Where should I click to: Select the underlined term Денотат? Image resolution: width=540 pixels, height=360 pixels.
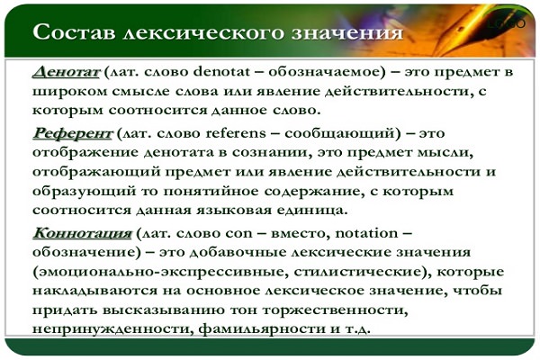(66, 72)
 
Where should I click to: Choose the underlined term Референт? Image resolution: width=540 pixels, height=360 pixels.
(72, 133)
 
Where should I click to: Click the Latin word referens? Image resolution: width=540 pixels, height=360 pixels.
(236, 133)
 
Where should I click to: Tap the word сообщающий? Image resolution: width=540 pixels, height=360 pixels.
(339, 133)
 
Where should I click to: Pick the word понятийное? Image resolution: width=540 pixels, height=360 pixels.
(209, 191)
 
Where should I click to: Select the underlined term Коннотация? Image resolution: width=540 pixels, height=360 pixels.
(82, 233)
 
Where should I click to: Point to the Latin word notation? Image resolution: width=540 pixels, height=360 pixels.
(366, 233)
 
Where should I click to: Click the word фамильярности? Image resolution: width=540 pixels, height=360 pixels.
(262, 329)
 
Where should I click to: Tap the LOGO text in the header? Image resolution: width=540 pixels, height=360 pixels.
(507, 23)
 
